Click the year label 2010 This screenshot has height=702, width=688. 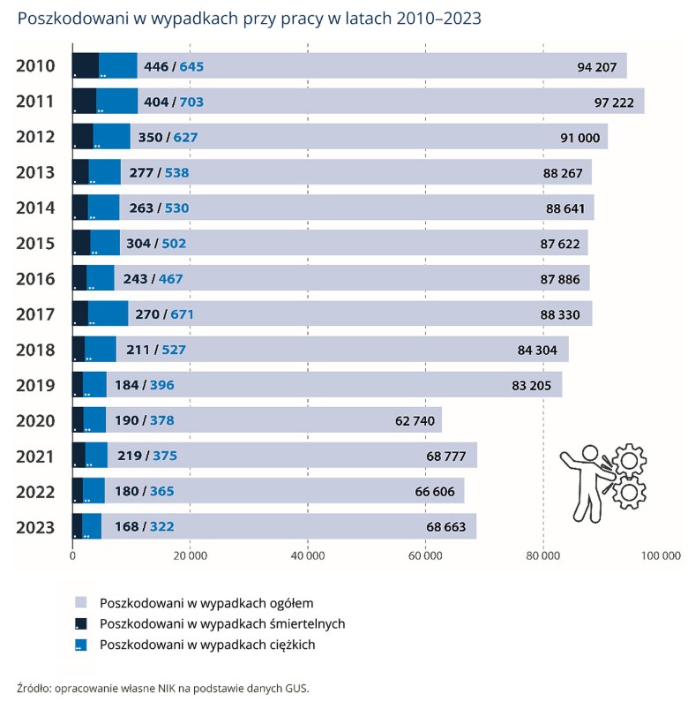(36, 66)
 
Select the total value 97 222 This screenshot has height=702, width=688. (614, 102)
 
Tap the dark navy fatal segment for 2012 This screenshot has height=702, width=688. (82, 137)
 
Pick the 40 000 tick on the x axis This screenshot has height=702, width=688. (307, 556)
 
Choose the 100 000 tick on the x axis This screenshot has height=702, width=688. (660, 556)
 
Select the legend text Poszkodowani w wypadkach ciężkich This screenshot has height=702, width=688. (207, 645)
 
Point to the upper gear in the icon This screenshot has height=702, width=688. (630, 462)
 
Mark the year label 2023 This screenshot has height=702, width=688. (36, 528)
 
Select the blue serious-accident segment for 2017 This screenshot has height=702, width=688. (108, 314)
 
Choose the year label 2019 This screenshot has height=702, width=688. (36, 386)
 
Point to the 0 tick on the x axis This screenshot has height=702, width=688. (72, 556)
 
